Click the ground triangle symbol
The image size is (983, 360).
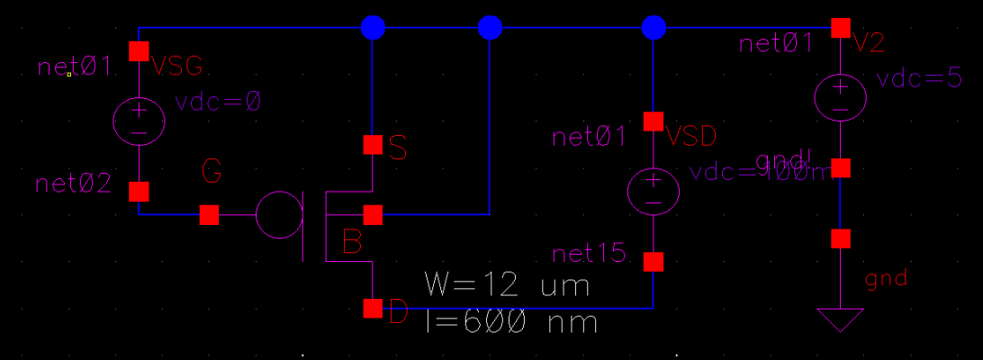point(840,319)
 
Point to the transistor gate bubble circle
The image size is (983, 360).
point(279,215)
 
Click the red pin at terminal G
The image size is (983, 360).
point(209,215)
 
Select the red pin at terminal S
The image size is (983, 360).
point(373,144)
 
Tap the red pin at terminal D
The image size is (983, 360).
point(373,309)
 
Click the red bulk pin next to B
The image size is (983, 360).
point(373,215)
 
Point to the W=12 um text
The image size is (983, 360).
point(507,286)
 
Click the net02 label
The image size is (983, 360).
point(74,184)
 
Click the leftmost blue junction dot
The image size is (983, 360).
point(373,28)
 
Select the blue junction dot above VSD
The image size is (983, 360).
point(654,28)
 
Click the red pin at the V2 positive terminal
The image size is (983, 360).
point(840,28)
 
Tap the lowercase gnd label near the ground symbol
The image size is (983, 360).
point(886,279)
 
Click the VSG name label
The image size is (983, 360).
point(177,66)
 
